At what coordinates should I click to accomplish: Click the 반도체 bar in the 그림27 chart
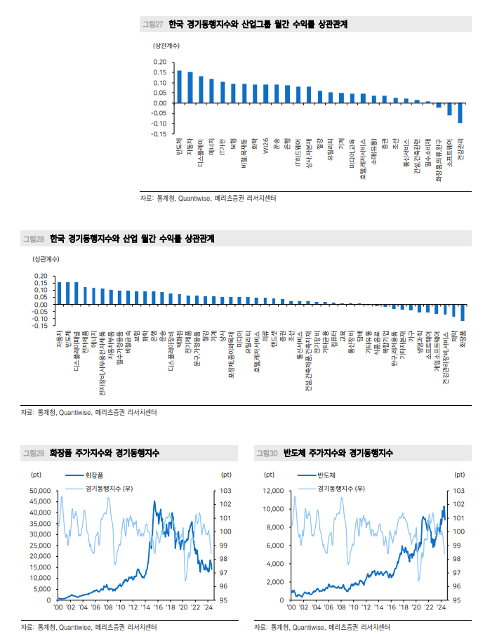(x=179, y=86)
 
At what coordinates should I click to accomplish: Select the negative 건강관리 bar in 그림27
(x=460, y=113)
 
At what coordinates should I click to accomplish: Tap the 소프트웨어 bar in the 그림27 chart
(x=449, y=109)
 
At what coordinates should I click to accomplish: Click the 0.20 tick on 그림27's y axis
(x=159, y=62)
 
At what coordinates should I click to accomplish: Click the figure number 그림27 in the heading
(x=153, y=25)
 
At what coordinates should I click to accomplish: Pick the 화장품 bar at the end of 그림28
(x=463, y=312)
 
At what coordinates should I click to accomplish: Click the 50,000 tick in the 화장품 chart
(x=39, y=490)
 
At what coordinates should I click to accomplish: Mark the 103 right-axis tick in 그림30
(x=458, y=490)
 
